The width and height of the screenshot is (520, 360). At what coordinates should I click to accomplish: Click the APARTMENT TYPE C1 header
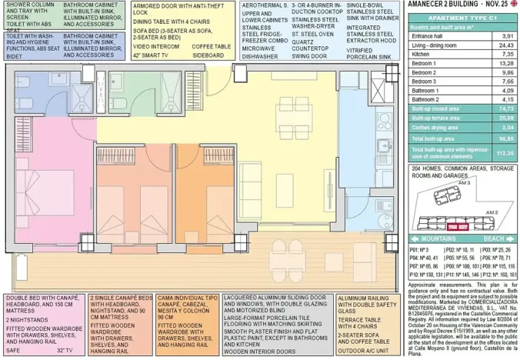tap(462, 17)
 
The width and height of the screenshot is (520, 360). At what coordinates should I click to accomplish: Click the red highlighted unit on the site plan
tap(458, 226)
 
